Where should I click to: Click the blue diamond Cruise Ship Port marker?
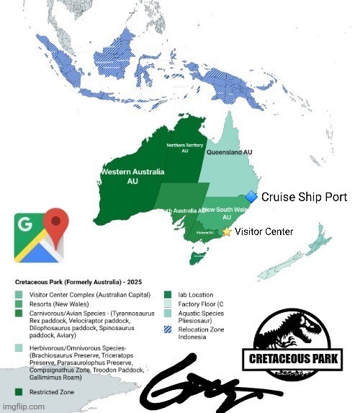pyautogui.click(x=251, y=197)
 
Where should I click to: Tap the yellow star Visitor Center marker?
pyautogui.click(x=226, y=232)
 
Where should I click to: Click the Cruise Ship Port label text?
pyautogui.click(x=304, y=197)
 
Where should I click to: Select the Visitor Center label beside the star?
pyautogui.click(x=264, y=232)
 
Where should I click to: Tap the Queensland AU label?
pyautogui.click(x=229, y=154)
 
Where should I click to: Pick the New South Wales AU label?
pyautogui.click(x=225, y=213)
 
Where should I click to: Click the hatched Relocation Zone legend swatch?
pyautogui.click(x=167, y=327)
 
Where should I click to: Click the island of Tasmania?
pyautogui.click(x=194, y=254)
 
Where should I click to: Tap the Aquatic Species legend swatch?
pyautogui.click(x=167, y=314)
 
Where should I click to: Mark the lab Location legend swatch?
pyautogui.click(x=167, y=294)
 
